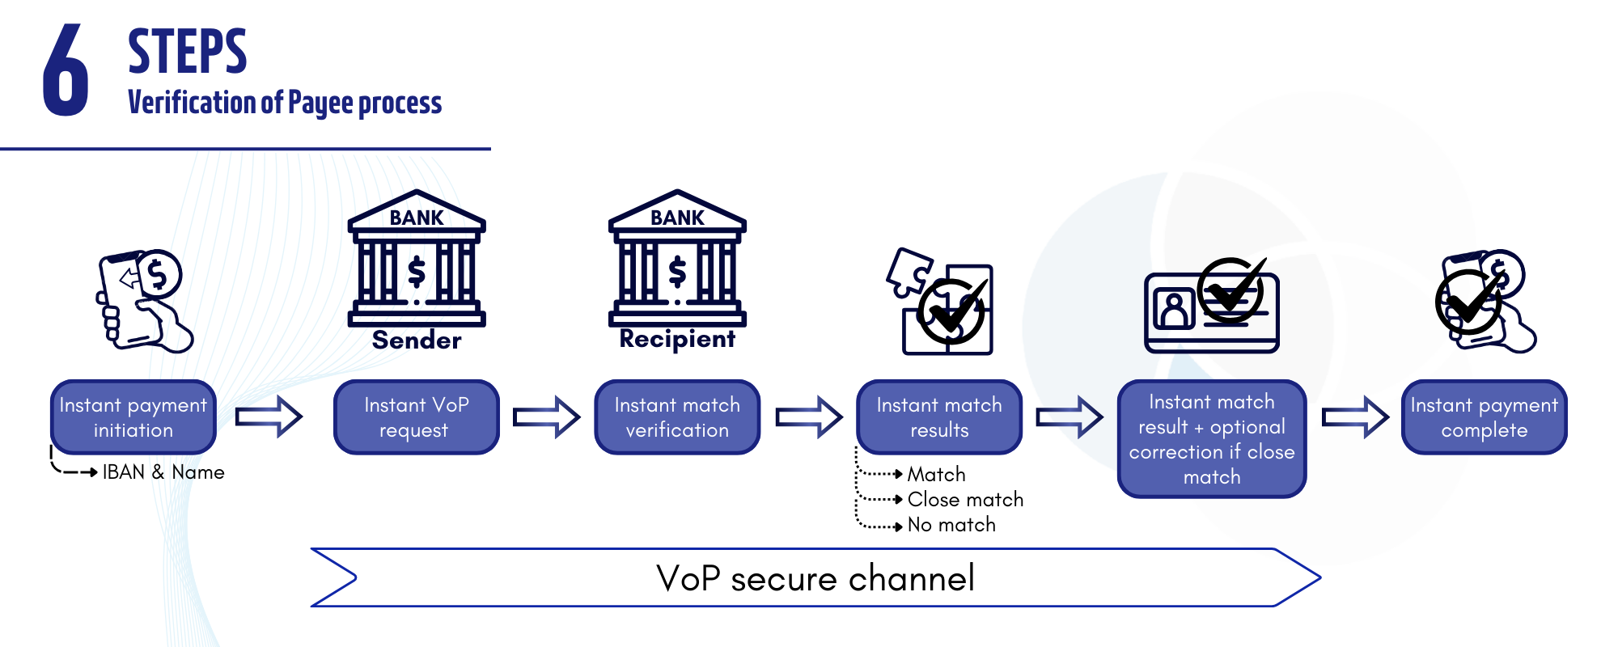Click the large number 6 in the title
[x=66, y=70]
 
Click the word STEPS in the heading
[x=187, y=52]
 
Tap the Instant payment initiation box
[x=133, y=417]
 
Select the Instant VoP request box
[x=417, y=417]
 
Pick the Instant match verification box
[x=677, y=417]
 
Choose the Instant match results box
[x=939, y=417]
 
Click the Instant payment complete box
[x=1484, y=417]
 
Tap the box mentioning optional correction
[x=1211, y=439]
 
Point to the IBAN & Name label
[x=163, y=472]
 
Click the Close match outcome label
[x=965, y=500]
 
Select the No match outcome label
[x=951, y=525]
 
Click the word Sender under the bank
[x=417, y=340]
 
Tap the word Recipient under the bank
[x=677, y=340]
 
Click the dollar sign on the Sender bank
[x=417, y=273]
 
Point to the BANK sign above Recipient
[x=677, y=218]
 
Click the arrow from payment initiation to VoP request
[x=269, y=417]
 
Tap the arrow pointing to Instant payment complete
[x=1355, y=417]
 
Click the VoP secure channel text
[x=815, y=578]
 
